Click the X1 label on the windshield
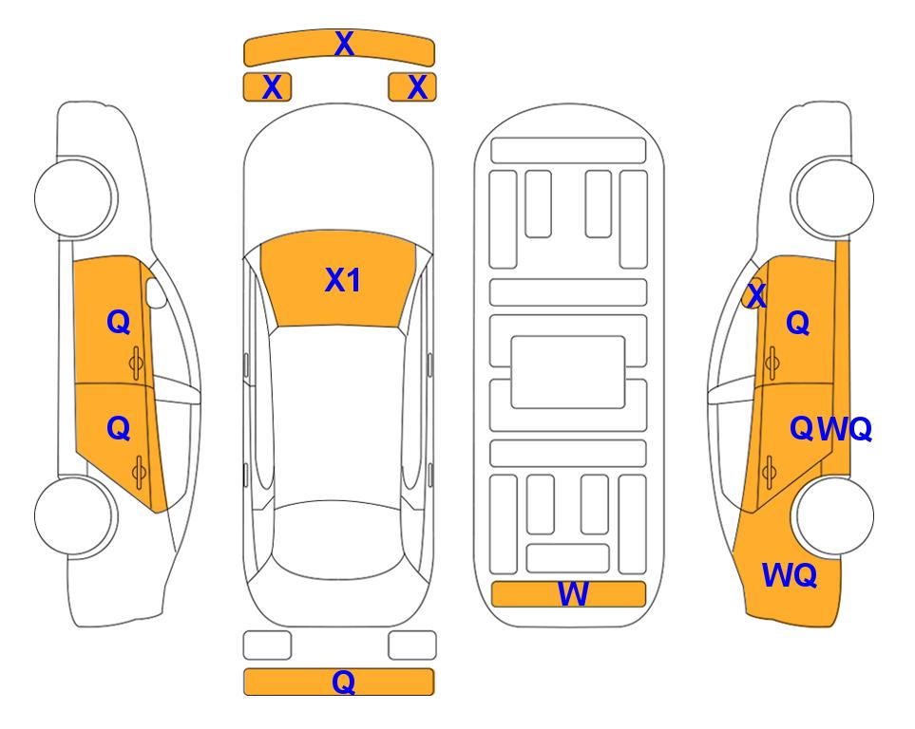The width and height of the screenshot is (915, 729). pyautogui.click(x=343, y=280)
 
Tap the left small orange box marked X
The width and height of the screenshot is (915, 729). pyautogui.click(x=267, y=87)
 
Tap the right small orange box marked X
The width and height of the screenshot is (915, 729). pyautogui.click(x=412, y=87)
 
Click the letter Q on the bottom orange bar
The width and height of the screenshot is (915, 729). pyautogui.click(x=344, y=682)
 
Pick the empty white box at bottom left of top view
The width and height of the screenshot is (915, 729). pyautogui.click(x=267, y=645)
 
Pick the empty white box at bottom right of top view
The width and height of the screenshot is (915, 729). pyautogui.click(x=412, y=645)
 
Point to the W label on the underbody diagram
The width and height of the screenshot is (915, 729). pyautogui.click(x=573, y=594)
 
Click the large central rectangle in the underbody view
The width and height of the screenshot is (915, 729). pyautogui.click(x=568, y=372)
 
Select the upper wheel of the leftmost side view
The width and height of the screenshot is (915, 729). pyautogui.click(x=75, y=197)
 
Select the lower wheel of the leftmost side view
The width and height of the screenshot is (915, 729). pyautogui.click(x=75, y=515)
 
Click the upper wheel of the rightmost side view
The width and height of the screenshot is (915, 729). pyautogui.click(x=832, y=197)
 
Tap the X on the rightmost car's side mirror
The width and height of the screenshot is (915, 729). pyautogui.click(x=756, y=294)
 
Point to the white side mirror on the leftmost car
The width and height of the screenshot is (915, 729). pyautogui.click(x=156, y=292)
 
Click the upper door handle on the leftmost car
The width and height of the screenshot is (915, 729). pyautogui.click(x=136, y=363)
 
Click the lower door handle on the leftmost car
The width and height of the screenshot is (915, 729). pyautogui.click(x=139, y=472)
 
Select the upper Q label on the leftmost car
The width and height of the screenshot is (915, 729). pyautogui.click(x=119, y=322)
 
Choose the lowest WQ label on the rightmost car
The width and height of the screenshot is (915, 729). pyautogui.click(x=790, y=575)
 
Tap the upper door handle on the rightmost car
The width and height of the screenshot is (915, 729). pyautogui.click(x=772, y=363)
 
